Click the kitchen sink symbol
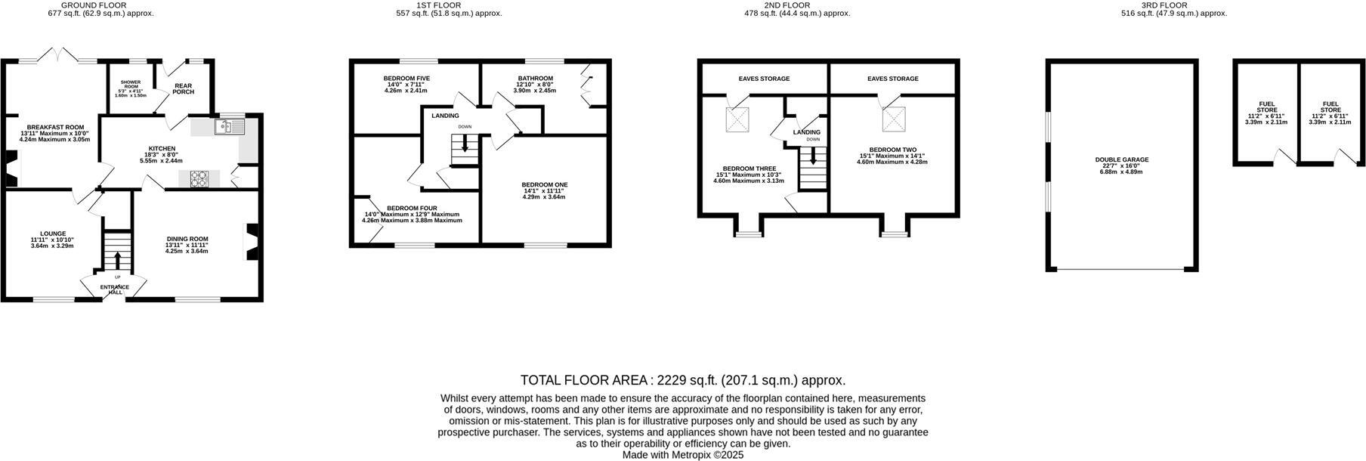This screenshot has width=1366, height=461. (x=229, y=127)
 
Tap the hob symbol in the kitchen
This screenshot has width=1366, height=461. (x=199, y=178)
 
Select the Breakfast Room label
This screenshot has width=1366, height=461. (x=55, y=127)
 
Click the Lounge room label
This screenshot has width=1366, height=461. (x=53, y=234)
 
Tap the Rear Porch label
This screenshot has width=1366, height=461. (x=184, y=88)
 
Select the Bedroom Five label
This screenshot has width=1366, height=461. (x=406, y=79)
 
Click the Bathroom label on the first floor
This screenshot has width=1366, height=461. (x=535, y=79)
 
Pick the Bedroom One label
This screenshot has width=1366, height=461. (x=544, y=184)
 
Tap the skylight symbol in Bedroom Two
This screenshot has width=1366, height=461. (x=895, y=119)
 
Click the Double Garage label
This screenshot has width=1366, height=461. (x=1121, y=160)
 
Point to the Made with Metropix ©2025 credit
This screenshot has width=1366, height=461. (x=683, y=455)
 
